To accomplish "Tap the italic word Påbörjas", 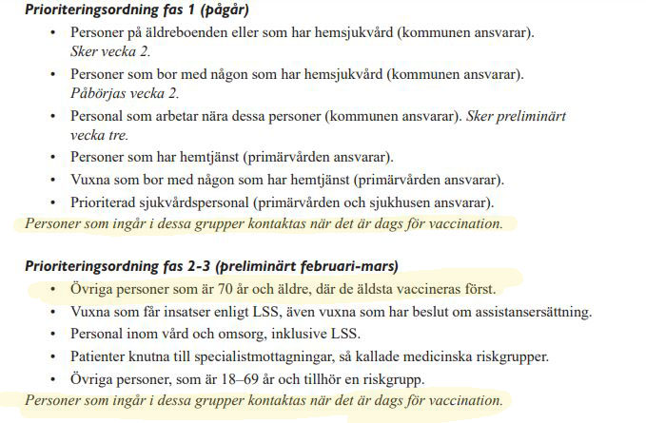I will pyautogui.click(x=96, y=93).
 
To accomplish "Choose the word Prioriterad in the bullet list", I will pyautogui.click(x=107, y=202).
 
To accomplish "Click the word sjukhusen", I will pyautogui.click(x=429, y=202).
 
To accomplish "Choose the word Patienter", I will pyautogui.click(x=101, y=357).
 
